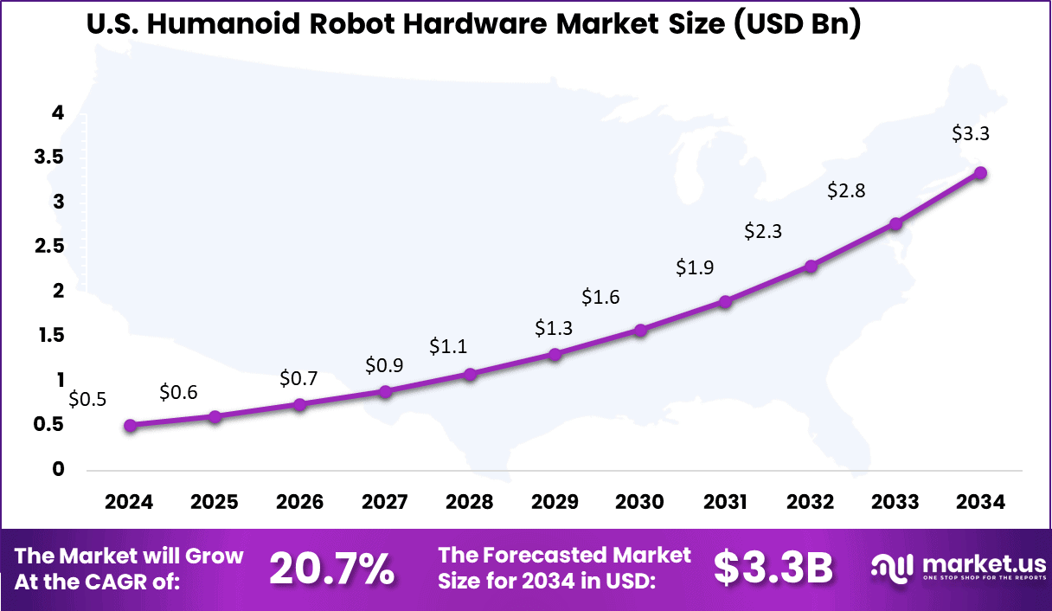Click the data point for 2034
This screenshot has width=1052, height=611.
click(x=980, y=173)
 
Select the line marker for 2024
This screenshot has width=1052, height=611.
click(x=130, y=425)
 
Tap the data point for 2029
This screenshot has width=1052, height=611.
click(x=555, y=354)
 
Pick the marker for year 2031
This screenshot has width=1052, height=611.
click(x=725, y=301)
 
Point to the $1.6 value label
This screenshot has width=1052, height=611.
click(x=600, y=298)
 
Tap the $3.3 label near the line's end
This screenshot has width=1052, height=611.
click(x=970, y=134)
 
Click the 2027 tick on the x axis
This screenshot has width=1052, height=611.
click(x=385, y=502)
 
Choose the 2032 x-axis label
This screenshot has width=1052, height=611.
click(x=811, y=502)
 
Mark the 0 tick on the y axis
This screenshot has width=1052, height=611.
click(x=59, y=469)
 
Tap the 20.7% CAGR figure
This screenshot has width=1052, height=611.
click(x=332, y=569)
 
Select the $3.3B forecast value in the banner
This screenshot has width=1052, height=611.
click(x=773, y=569)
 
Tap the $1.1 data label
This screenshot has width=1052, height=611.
click(x=448, y=347)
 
